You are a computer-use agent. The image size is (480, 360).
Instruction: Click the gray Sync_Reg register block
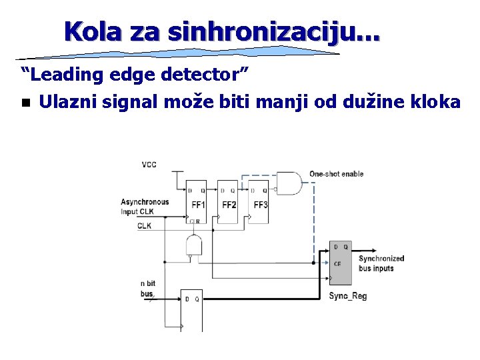tap(342, 264)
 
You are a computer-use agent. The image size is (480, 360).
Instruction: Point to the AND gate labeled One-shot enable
tap(289, 183)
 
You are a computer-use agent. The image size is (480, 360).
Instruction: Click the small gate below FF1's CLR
tap(194, 245)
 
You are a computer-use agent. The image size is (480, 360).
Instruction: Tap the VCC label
tap(149, 165)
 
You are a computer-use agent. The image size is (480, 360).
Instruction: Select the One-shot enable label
tap(336, 174)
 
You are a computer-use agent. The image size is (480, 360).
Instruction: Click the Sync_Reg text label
tap(347, 296)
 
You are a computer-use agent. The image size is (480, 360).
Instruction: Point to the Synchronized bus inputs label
tap(381, 263)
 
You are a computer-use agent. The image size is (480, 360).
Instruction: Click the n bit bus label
tap(147, 288)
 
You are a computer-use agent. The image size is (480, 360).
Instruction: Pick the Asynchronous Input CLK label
tap(144, 207)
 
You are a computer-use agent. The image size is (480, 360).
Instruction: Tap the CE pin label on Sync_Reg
tap(337, 263)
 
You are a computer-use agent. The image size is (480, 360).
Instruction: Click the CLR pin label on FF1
tap(195, 221)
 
